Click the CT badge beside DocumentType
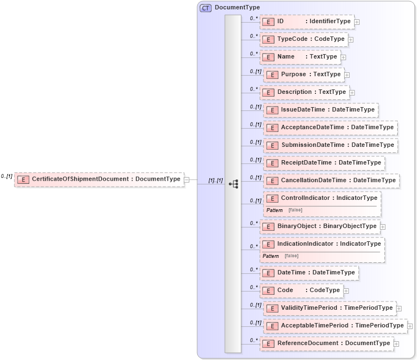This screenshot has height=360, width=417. point(205,8)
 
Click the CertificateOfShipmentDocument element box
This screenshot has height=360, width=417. point(99,179)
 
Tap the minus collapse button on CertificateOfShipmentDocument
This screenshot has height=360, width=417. point(187,179)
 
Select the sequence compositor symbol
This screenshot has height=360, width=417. point(233,184)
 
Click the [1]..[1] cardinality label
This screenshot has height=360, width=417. point(215,181)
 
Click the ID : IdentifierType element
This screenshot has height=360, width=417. point(307,22)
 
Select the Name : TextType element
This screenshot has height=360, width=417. point(300,57)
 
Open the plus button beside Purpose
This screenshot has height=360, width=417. point(347,75)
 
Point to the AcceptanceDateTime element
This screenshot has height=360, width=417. point(330,127)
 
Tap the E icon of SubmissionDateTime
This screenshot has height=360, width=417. point(272,145)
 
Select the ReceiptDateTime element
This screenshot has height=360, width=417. point(324,163)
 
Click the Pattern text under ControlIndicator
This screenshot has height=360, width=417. point(275,210)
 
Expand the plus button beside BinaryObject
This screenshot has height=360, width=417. point(383,226)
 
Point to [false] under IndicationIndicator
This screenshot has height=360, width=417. point(291,256)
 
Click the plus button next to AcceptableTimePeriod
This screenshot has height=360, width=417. point(410,326)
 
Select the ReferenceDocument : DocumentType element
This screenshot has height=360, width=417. point(326,343)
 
